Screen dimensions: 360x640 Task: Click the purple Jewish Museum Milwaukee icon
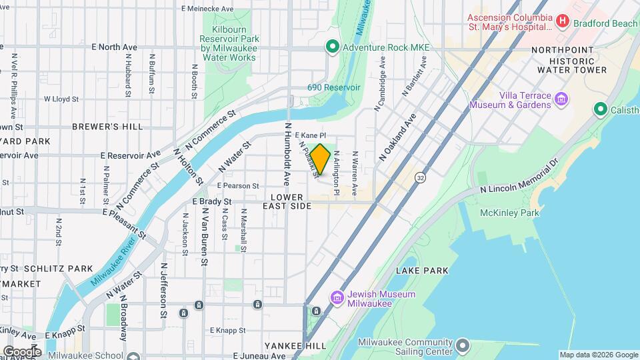(x=337, y=297)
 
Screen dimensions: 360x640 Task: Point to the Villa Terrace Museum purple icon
(x=562, y=99)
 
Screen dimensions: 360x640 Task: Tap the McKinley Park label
(x=509, y=213)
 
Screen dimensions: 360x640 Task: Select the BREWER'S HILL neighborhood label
(x=97, y=127)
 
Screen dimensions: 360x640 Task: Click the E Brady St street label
(x=211, y=201)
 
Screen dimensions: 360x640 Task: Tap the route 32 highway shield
(x=419, y=178)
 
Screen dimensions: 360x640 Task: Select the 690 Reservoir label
(x=333, y=87)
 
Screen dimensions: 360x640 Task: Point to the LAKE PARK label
(x=422, y=271)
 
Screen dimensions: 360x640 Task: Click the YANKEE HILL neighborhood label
(x=295, y=346)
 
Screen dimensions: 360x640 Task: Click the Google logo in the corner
(x=21, y=351)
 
